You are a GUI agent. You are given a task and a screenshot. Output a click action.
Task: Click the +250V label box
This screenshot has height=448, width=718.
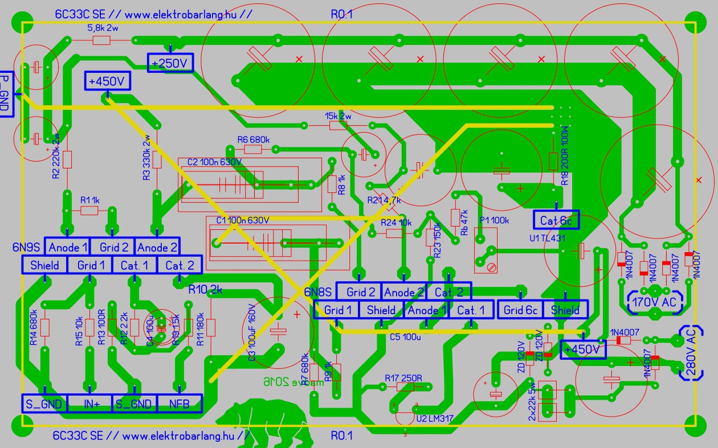coord(171,63)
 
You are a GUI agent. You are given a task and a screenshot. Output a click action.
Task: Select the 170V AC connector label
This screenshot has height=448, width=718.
coord(654,302)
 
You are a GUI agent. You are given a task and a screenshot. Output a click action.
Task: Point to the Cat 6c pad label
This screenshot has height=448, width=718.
coord(555,221)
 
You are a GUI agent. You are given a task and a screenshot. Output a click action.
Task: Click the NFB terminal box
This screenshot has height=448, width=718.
coord(179,403)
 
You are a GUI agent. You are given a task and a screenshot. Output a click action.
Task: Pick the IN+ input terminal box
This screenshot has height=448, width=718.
coord(89,403)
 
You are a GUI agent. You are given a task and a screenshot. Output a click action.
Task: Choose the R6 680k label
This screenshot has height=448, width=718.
coord(253,140)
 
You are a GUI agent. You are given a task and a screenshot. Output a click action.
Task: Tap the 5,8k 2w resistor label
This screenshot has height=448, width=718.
coord(103,27)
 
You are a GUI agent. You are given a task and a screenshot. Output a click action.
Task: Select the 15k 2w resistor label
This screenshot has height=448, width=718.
coord(338,116)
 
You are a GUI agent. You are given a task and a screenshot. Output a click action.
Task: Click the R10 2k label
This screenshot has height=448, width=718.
coord(205,290)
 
